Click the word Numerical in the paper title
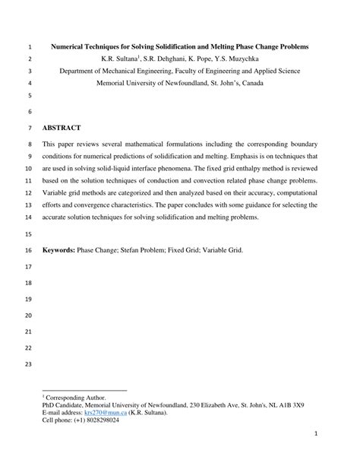click(x=71, y=46)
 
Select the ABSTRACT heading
click(x=62, y=128)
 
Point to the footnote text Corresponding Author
click(x=75, y=396)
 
